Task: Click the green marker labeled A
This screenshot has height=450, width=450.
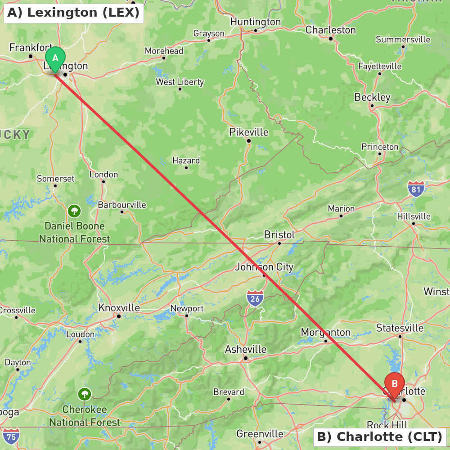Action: [55, 58]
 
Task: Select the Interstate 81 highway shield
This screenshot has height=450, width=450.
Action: [416, 189]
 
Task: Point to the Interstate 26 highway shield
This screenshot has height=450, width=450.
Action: [255, 298]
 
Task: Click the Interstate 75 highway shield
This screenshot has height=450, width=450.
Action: [11, 436]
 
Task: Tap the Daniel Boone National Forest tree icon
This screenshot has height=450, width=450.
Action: [74, 211]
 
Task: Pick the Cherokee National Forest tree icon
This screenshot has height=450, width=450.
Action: [85, 395]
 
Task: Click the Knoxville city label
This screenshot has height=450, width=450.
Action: [119, 308]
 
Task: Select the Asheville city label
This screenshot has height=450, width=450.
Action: [246, 349]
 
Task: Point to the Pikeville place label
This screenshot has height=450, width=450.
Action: [248, 132]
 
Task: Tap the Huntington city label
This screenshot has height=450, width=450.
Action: [255, 22]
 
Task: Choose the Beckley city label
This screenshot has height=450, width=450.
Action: [372, 97]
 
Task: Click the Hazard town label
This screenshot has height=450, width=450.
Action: [186, 160]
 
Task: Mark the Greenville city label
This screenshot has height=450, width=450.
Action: [260, 434]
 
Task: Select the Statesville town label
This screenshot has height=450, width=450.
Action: [400, 328]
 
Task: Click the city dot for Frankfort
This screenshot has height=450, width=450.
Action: [31, 56]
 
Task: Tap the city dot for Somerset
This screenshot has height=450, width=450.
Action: [55, 185]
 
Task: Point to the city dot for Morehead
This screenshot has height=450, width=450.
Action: [164, 58]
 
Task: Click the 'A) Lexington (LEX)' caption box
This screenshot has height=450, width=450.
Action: [74, 13]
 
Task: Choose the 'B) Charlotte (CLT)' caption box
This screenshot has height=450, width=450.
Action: [380, 436]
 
